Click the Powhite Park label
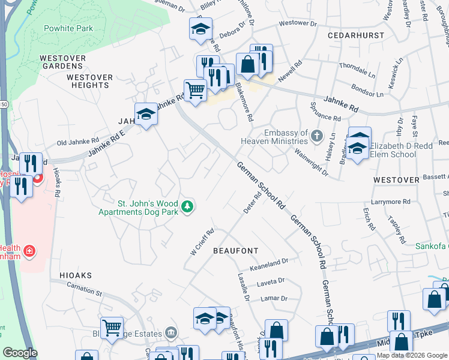click(x=68, y=28)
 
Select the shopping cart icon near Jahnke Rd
click(x=195, y=91)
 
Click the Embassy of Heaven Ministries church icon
click(x=317, y=136)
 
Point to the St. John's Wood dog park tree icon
click(x=188, y=206)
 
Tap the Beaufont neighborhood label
click(x=236, y=250)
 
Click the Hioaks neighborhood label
click(x=76, y=275)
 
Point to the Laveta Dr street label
click(x=271, y=281)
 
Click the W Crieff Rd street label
click(x=202, y=242)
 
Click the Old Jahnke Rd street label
click(x=73, y=143)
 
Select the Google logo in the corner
click(x=20, y=353)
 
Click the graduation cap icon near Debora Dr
click(x=200, y=28)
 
